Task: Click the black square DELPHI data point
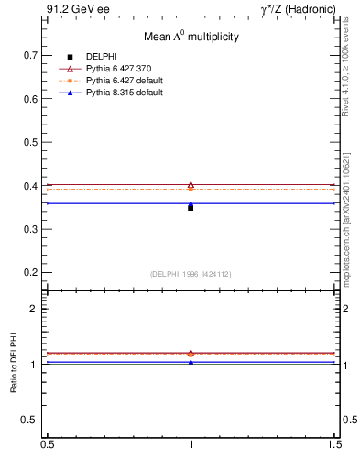coord(191,208)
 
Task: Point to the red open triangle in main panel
coord(191,185)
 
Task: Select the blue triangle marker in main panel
coord(191,203)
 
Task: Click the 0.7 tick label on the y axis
coord(30,55)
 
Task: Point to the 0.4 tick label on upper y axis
coord(30,186)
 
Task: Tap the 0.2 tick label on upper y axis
coord(30,273)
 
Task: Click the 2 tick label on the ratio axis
coord(35,309)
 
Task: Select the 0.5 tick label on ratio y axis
coord(30,420)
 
